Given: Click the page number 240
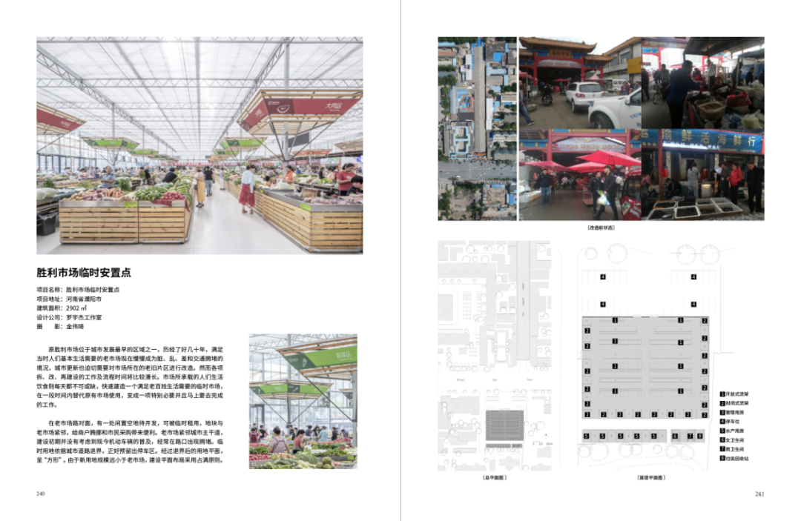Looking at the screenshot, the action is (41, 494).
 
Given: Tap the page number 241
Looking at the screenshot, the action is (759, 494).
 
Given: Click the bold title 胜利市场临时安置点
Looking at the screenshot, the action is (84, 273).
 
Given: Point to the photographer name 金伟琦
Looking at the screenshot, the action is (76, 326).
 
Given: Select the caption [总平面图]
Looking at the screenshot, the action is (494, 478).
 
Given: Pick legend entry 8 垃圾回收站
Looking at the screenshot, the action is (737, 459).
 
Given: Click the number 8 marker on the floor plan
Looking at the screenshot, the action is (699, 437).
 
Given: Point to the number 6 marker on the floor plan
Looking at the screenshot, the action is (675, 437).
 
